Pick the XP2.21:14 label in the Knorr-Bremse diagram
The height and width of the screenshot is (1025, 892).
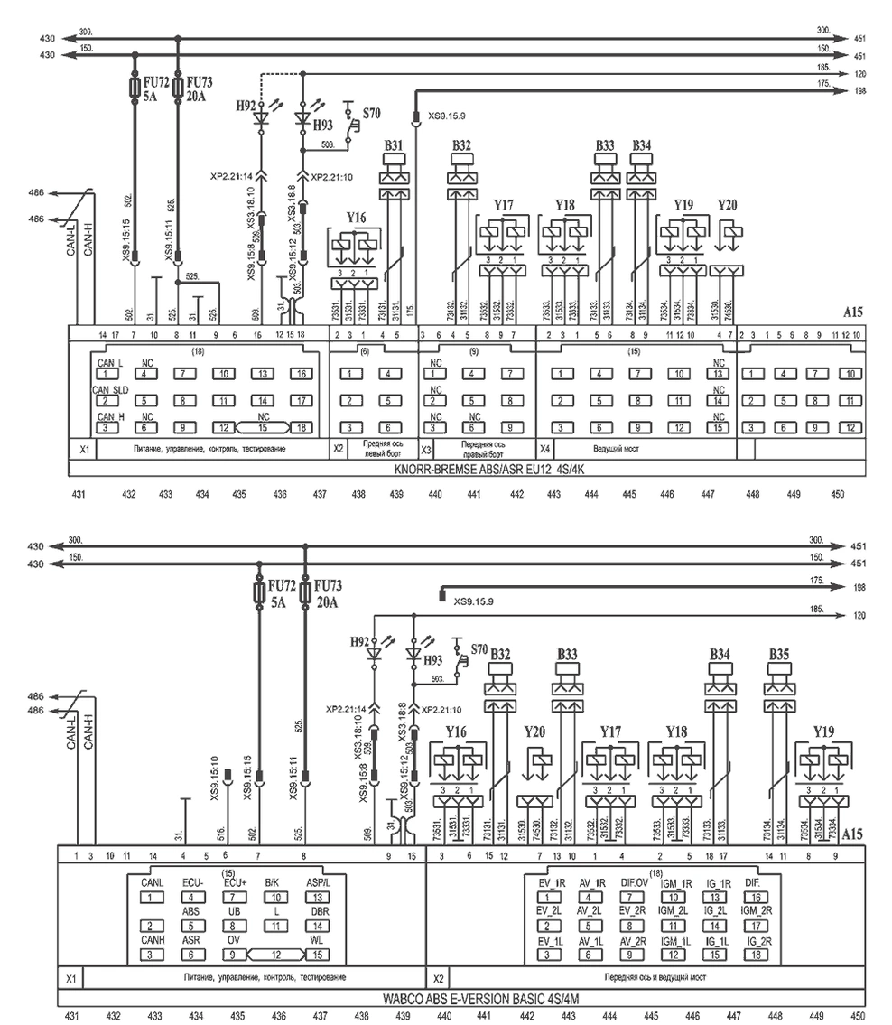[229, 178]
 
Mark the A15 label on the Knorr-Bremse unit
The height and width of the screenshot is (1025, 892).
[853, 313]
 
